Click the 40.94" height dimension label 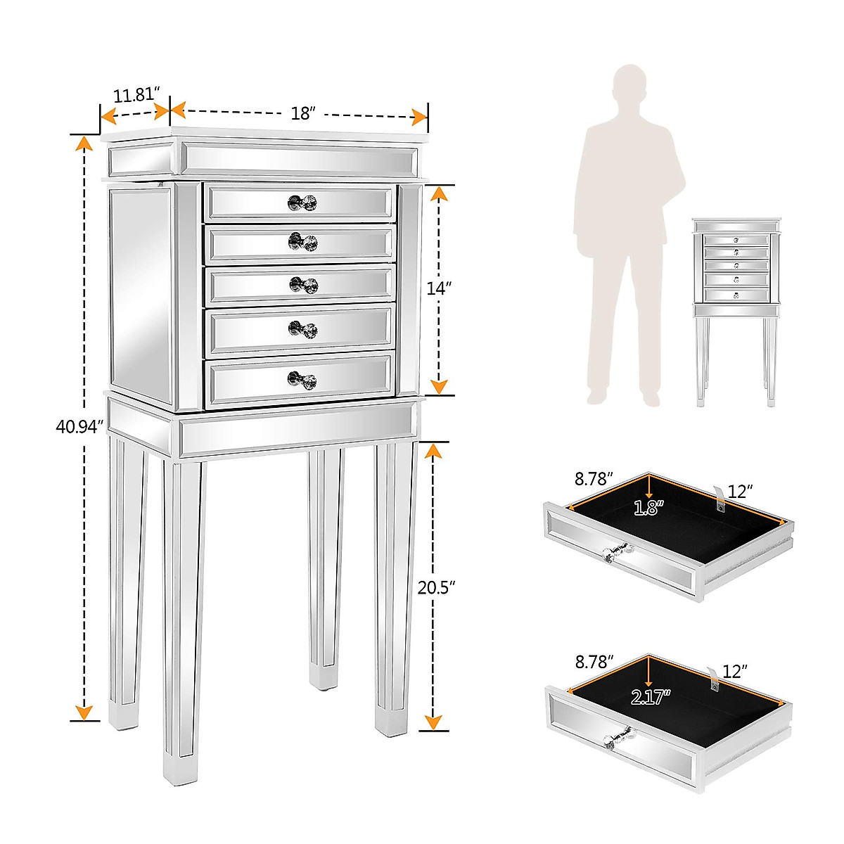(79, 426)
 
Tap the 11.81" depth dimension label (136, 94)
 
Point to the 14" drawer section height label (437, 288)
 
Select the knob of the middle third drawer (303, 285)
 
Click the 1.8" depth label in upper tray (647, 508)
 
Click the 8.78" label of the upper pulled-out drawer (594, 479)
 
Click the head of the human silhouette (628, 86)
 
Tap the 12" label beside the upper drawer (740, 492)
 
